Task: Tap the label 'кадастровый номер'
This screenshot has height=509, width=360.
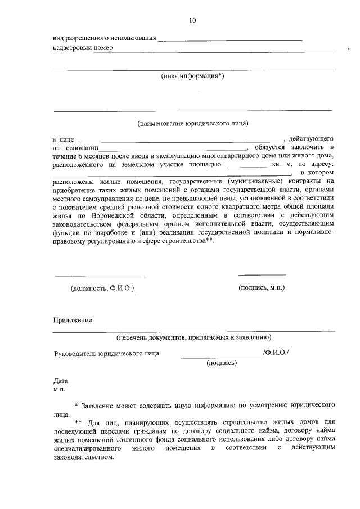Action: (x=82, y=48)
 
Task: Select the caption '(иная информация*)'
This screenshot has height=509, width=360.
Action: (x=193, y=76)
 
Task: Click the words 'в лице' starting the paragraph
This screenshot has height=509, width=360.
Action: (x=63, y=139)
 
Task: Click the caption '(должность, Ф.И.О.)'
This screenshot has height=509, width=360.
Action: (x=102, y=288)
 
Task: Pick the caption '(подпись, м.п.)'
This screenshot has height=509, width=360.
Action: (x=262, y=287)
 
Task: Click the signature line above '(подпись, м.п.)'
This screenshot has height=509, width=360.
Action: (x=262, y=274)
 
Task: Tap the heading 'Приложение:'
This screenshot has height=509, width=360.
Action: (x=73, y=320)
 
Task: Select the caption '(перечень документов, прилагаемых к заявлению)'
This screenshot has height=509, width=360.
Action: (x=193, y=337)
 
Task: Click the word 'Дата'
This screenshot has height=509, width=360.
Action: (x=60, y=381)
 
